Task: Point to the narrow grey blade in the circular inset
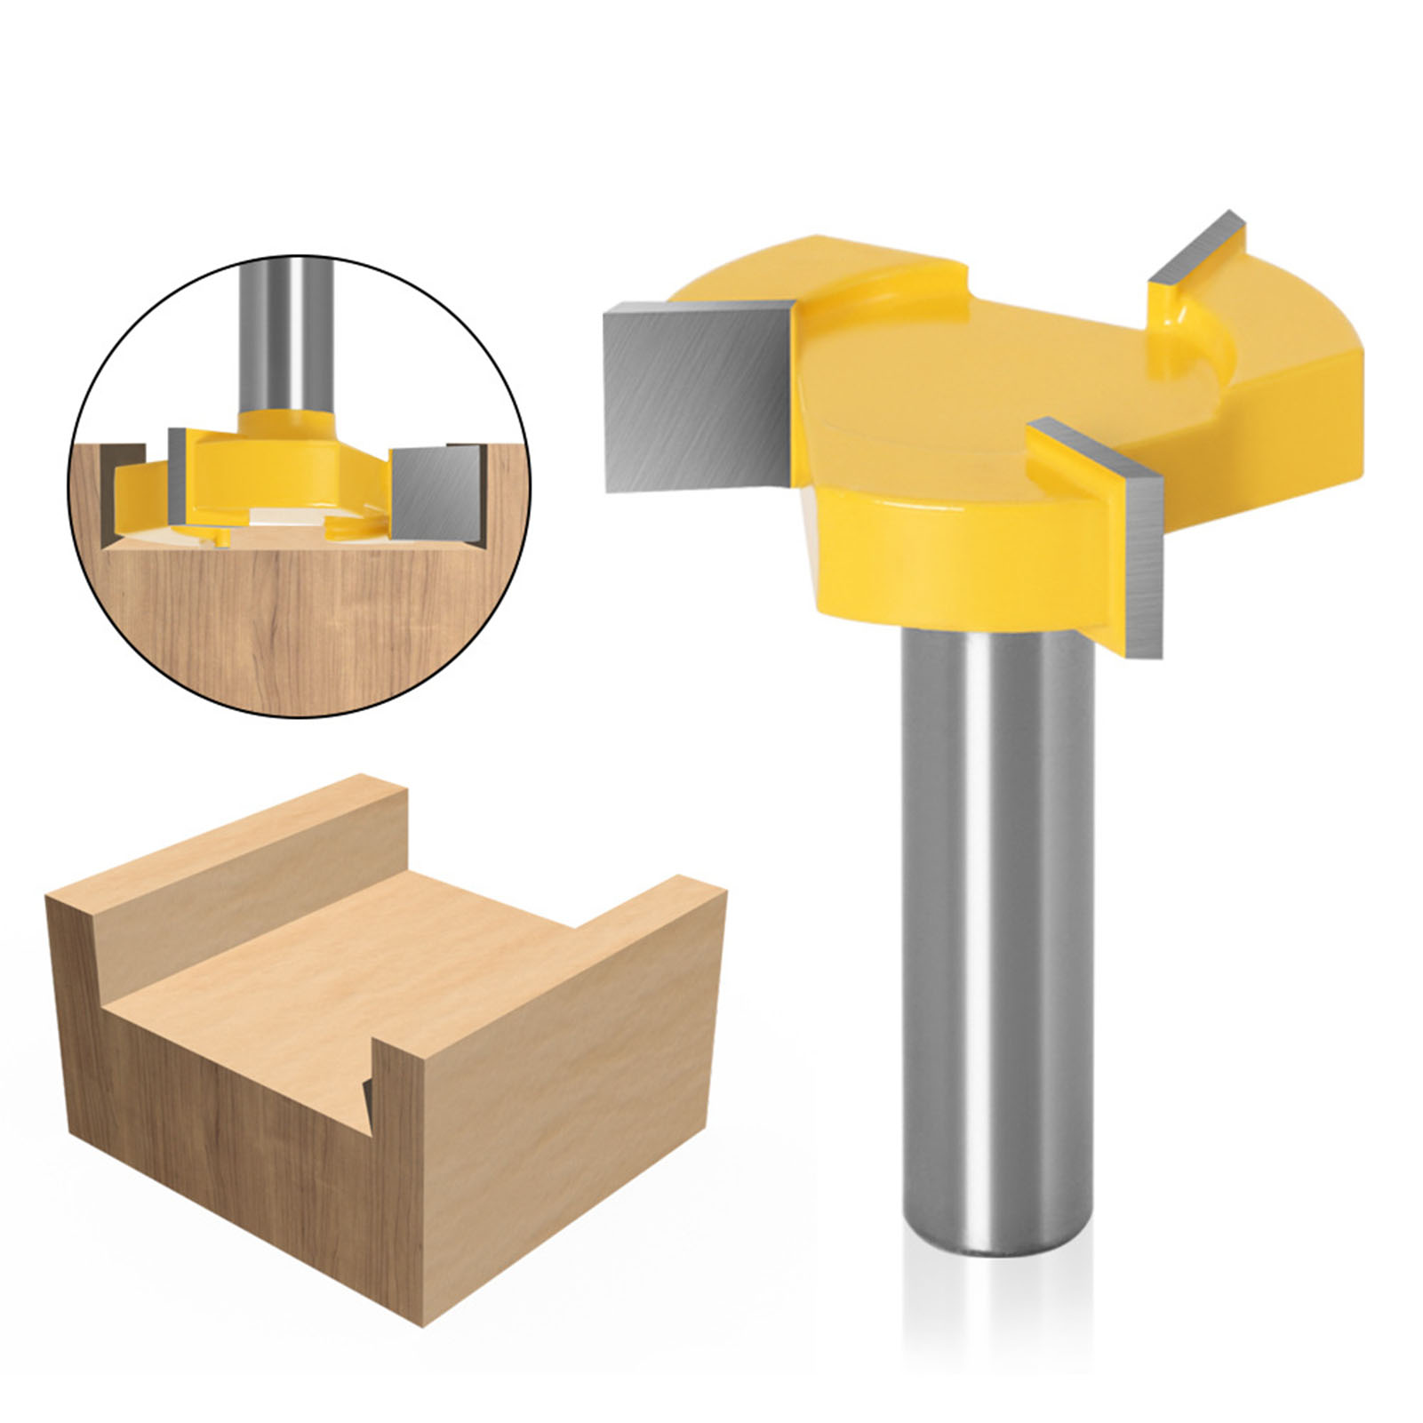[177, 476]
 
